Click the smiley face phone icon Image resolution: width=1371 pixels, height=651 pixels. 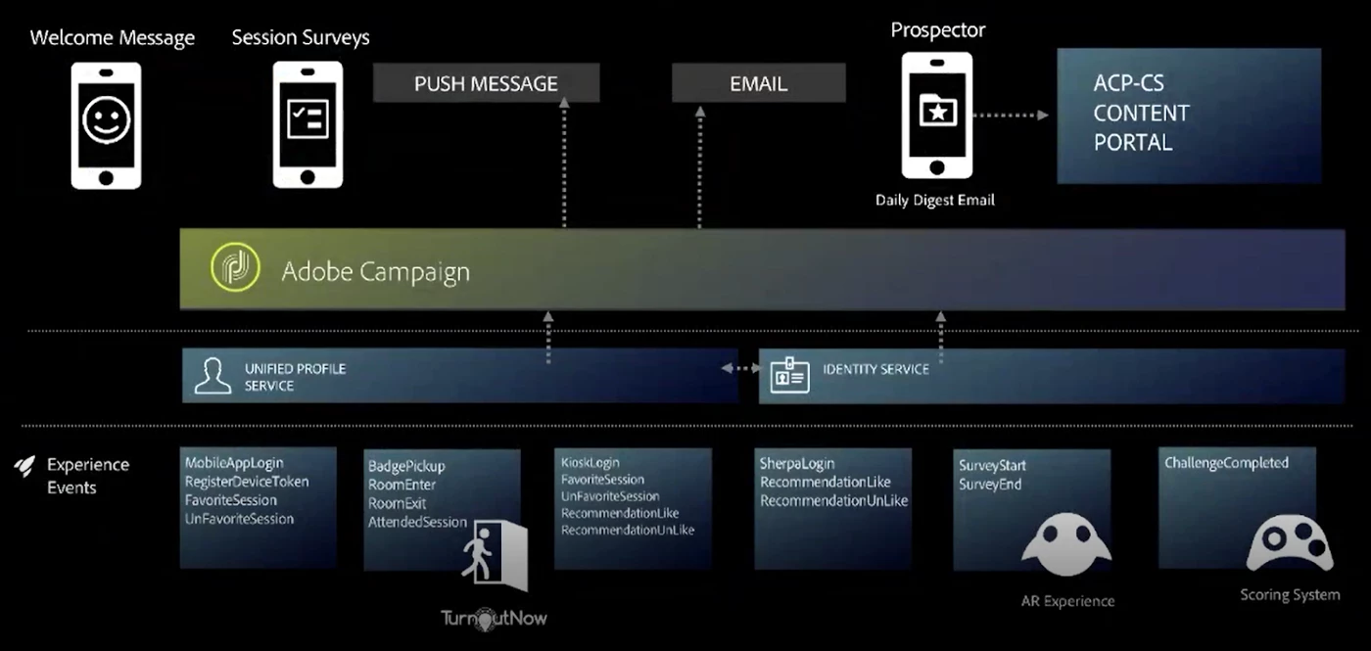[x=106, y=125]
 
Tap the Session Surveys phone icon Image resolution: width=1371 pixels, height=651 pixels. [x=307, y=125]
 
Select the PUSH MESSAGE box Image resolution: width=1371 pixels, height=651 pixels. [x=486, y=83]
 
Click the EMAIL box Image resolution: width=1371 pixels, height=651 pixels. [x=758, y=83]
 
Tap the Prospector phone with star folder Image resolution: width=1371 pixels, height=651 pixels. [x=937, y=116]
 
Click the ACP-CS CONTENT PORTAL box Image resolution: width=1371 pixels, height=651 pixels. [x=1201, y=115]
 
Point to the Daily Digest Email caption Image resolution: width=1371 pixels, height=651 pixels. [x=934, y=200]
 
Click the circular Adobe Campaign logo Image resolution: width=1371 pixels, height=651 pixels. [x=235, y=269]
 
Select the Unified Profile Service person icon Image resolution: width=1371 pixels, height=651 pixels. [x=213, y=376]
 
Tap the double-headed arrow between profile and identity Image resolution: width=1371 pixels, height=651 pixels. [x=741, y=369]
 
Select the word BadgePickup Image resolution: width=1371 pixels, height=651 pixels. [x=406, y=466]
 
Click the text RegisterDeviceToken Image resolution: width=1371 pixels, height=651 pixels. [x=247, y=482]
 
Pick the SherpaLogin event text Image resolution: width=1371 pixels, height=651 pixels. [x=797, y=464]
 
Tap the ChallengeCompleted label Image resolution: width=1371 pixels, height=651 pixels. [x=1226, y=463]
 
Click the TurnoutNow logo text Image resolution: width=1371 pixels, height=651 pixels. [x=494, y=618]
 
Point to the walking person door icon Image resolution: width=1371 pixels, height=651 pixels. [x=496, y=556]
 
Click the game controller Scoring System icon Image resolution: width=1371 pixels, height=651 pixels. [x=1289, y=547]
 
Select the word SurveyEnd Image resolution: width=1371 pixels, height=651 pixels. [x=990, y=484]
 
